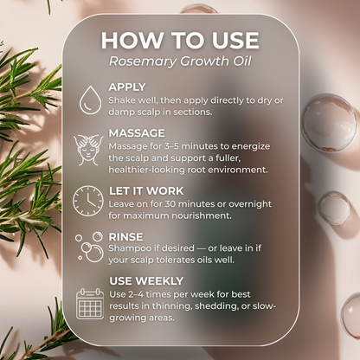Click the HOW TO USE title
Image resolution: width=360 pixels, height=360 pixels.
click(180, 40)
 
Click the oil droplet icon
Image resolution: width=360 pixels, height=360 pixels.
click(88, 100)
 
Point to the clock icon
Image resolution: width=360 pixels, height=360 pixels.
click(88, 200)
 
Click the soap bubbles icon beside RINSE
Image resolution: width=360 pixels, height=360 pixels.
click(88, 247)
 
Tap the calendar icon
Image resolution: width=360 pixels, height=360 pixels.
click(89, 303)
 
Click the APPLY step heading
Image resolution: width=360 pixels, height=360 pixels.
click(127, 87)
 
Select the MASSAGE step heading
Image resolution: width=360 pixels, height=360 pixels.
click(137, 132)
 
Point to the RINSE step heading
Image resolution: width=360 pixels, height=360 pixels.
click(125, 235)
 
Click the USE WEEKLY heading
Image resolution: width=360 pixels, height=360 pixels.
click(145, 280)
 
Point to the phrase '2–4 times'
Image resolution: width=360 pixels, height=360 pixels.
click(145, 294)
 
